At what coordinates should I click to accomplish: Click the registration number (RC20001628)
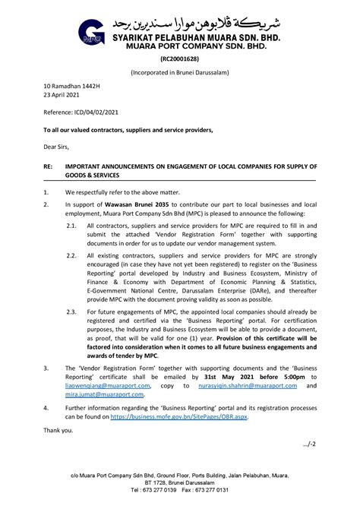(x=179, y=58)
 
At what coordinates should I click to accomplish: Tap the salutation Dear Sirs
(x=55, y=146)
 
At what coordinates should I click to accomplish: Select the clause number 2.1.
(x=71, y=226)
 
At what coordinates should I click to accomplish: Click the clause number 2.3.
(x=71, y=311)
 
